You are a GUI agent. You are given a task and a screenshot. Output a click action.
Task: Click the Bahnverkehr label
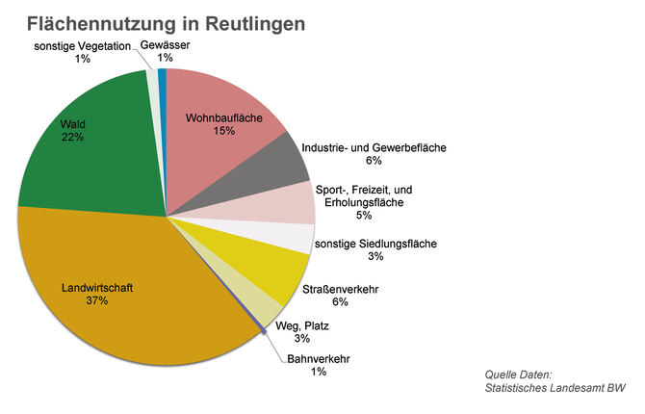[318, 360]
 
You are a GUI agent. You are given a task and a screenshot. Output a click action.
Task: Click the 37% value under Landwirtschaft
[97, 301]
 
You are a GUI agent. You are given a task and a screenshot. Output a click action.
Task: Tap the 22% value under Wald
[72, 138]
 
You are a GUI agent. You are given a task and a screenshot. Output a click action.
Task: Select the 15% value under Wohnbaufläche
[224, 130]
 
